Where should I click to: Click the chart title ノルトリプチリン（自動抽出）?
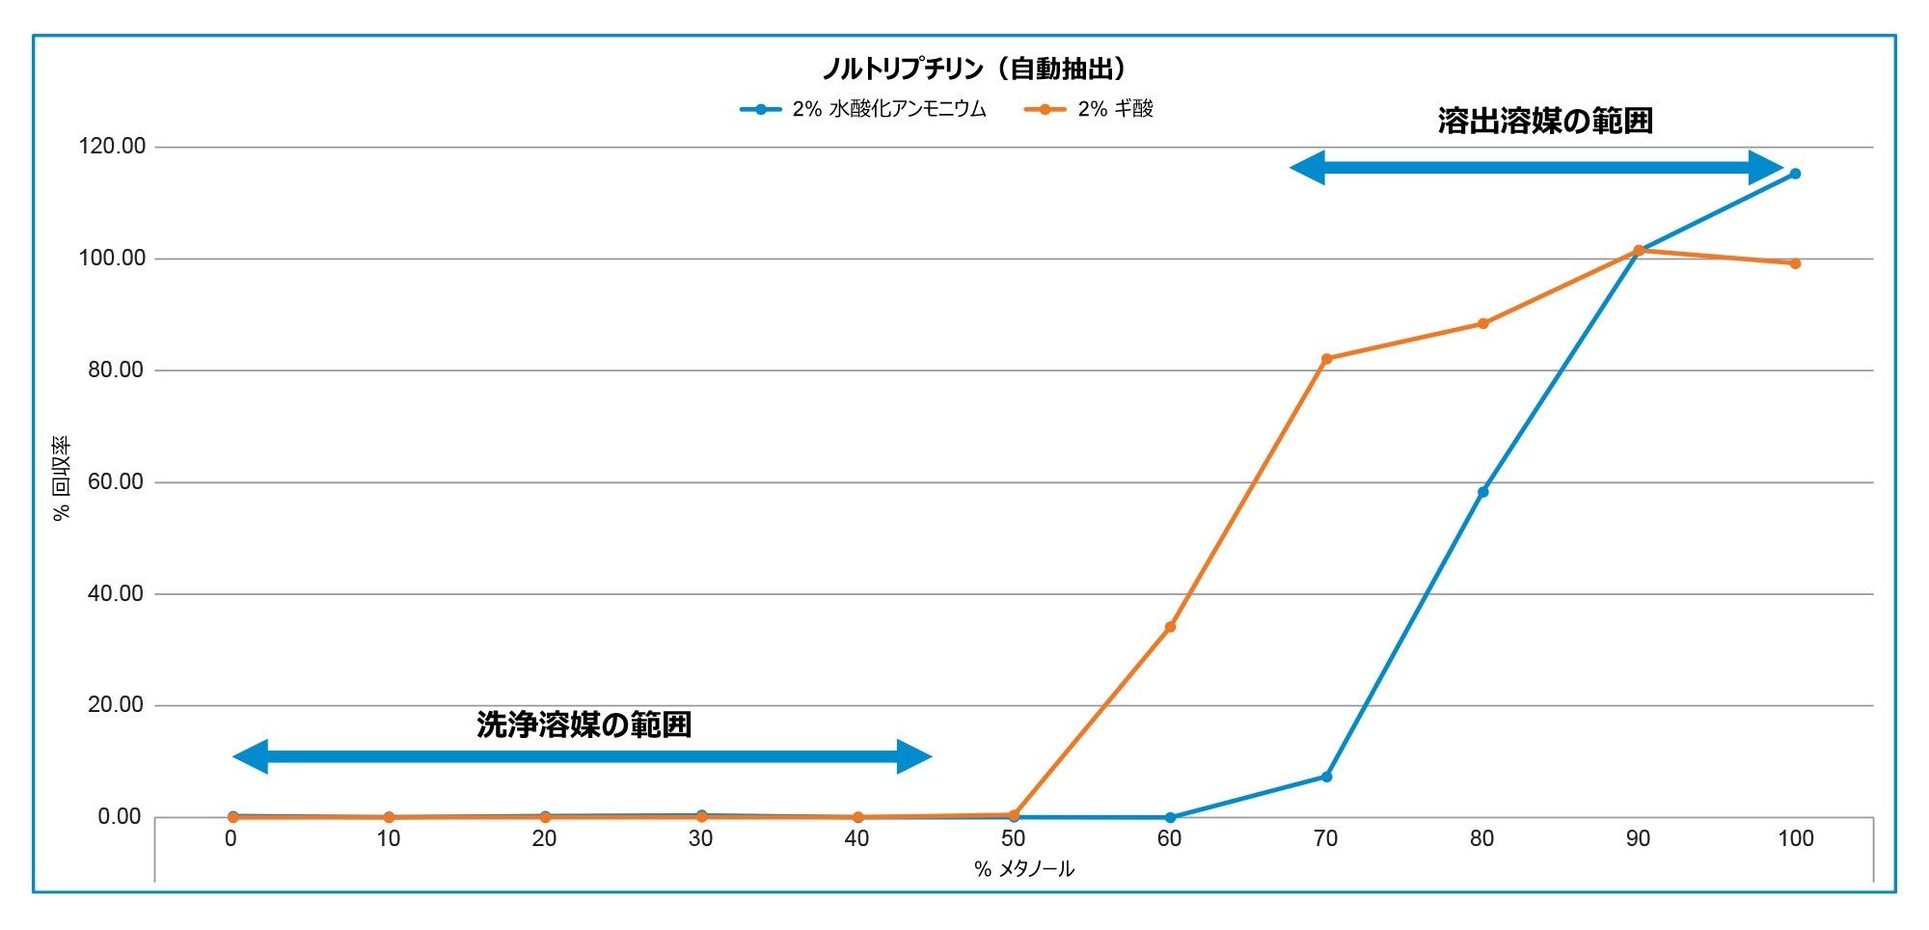click(x=974, y=68)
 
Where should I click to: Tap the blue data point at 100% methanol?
click(x=1795, y=174)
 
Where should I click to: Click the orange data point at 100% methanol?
click(x=1795, y=263)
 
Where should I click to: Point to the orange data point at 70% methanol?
click(x=1326, y=359)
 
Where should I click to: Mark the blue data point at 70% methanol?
click(x=1326, y=777)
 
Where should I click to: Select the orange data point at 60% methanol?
click(x=1170, y=627)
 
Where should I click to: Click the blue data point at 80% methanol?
click(x=1482, y=492)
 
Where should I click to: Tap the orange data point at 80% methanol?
click(x=1482, y=324)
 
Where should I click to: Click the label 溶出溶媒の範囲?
click(x=1544, y=121)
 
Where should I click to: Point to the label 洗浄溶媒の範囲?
click(x=584, y=725)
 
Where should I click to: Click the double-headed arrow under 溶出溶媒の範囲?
click(x=1536, y=168)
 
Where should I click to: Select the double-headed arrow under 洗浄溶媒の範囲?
click(x=583, y=756)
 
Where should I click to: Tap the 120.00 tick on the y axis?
click(x=111, y=147)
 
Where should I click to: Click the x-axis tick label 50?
click(x=1013, y=839)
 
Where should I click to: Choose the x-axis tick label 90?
click(x=1638, y=839)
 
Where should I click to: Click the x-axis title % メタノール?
click(x=1023, y=869)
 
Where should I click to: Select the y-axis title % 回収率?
click(x=62, y=479)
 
